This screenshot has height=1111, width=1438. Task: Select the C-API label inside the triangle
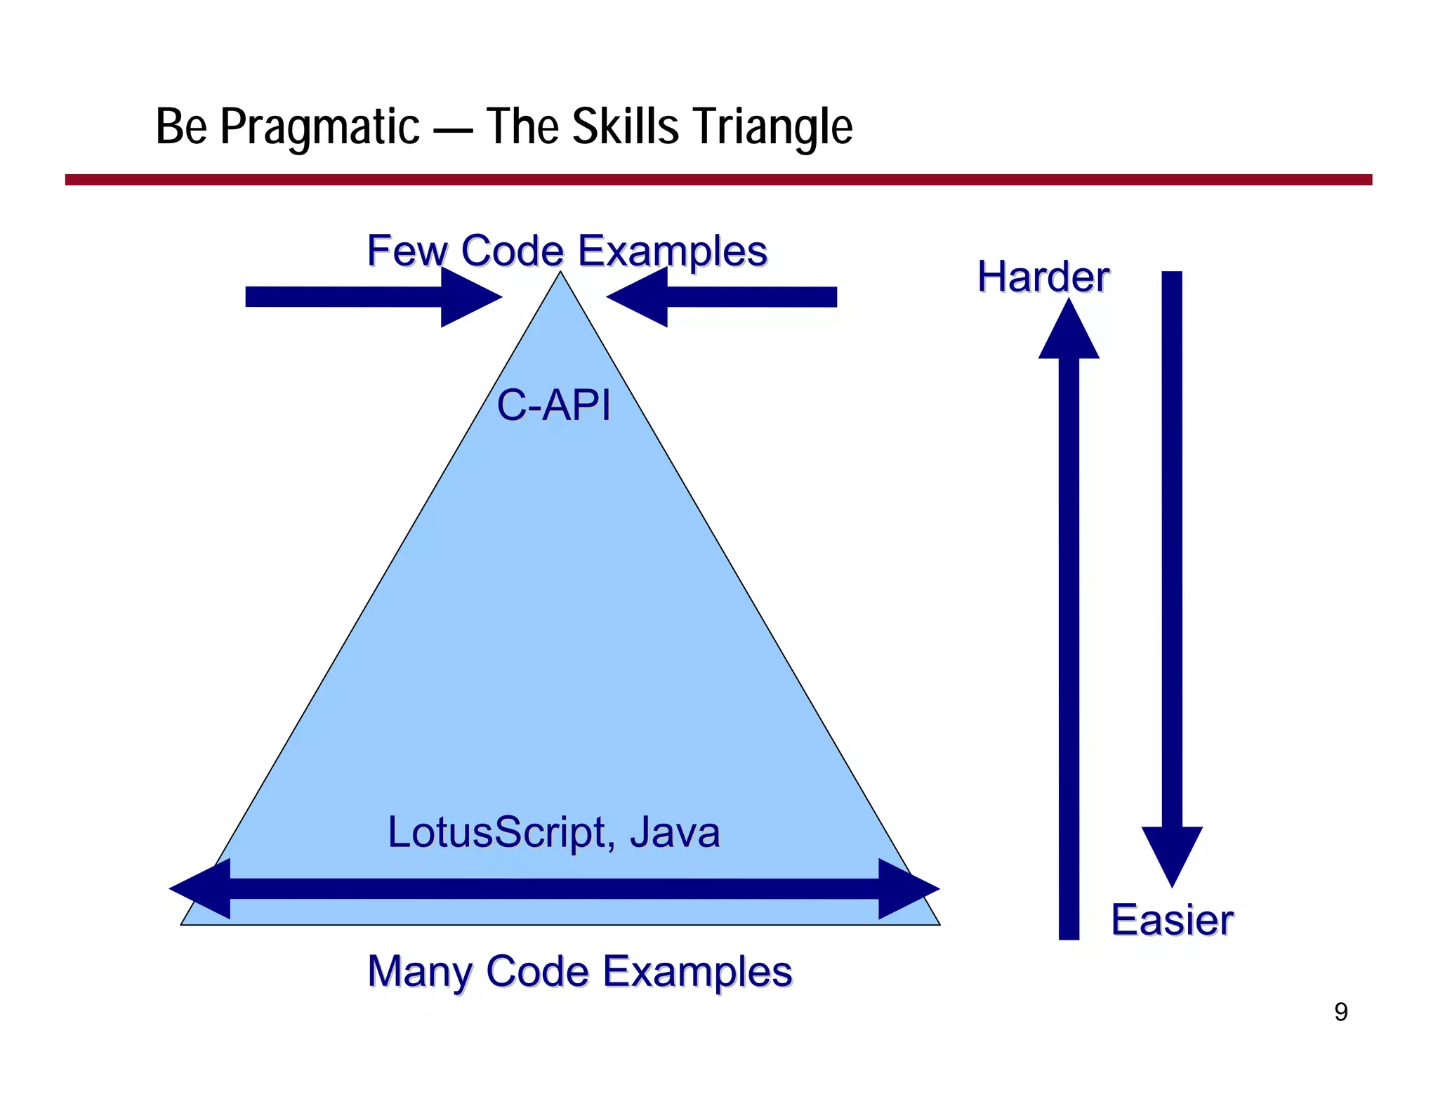pos(553,405)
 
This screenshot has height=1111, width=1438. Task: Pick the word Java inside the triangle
pos(674,832)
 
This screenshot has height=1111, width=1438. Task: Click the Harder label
pos(1043,277)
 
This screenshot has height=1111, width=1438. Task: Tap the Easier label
pos(1172,920)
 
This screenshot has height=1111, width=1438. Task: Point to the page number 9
pos(1340,1012)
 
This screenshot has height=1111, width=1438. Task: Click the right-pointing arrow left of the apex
pos(372,297)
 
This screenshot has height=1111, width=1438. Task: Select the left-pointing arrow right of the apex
pos(723,297)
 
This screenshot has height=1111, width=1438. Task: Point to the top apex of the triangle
pos(560,275)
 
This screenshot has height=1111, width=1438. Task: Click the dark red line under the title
pos(718,180)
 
